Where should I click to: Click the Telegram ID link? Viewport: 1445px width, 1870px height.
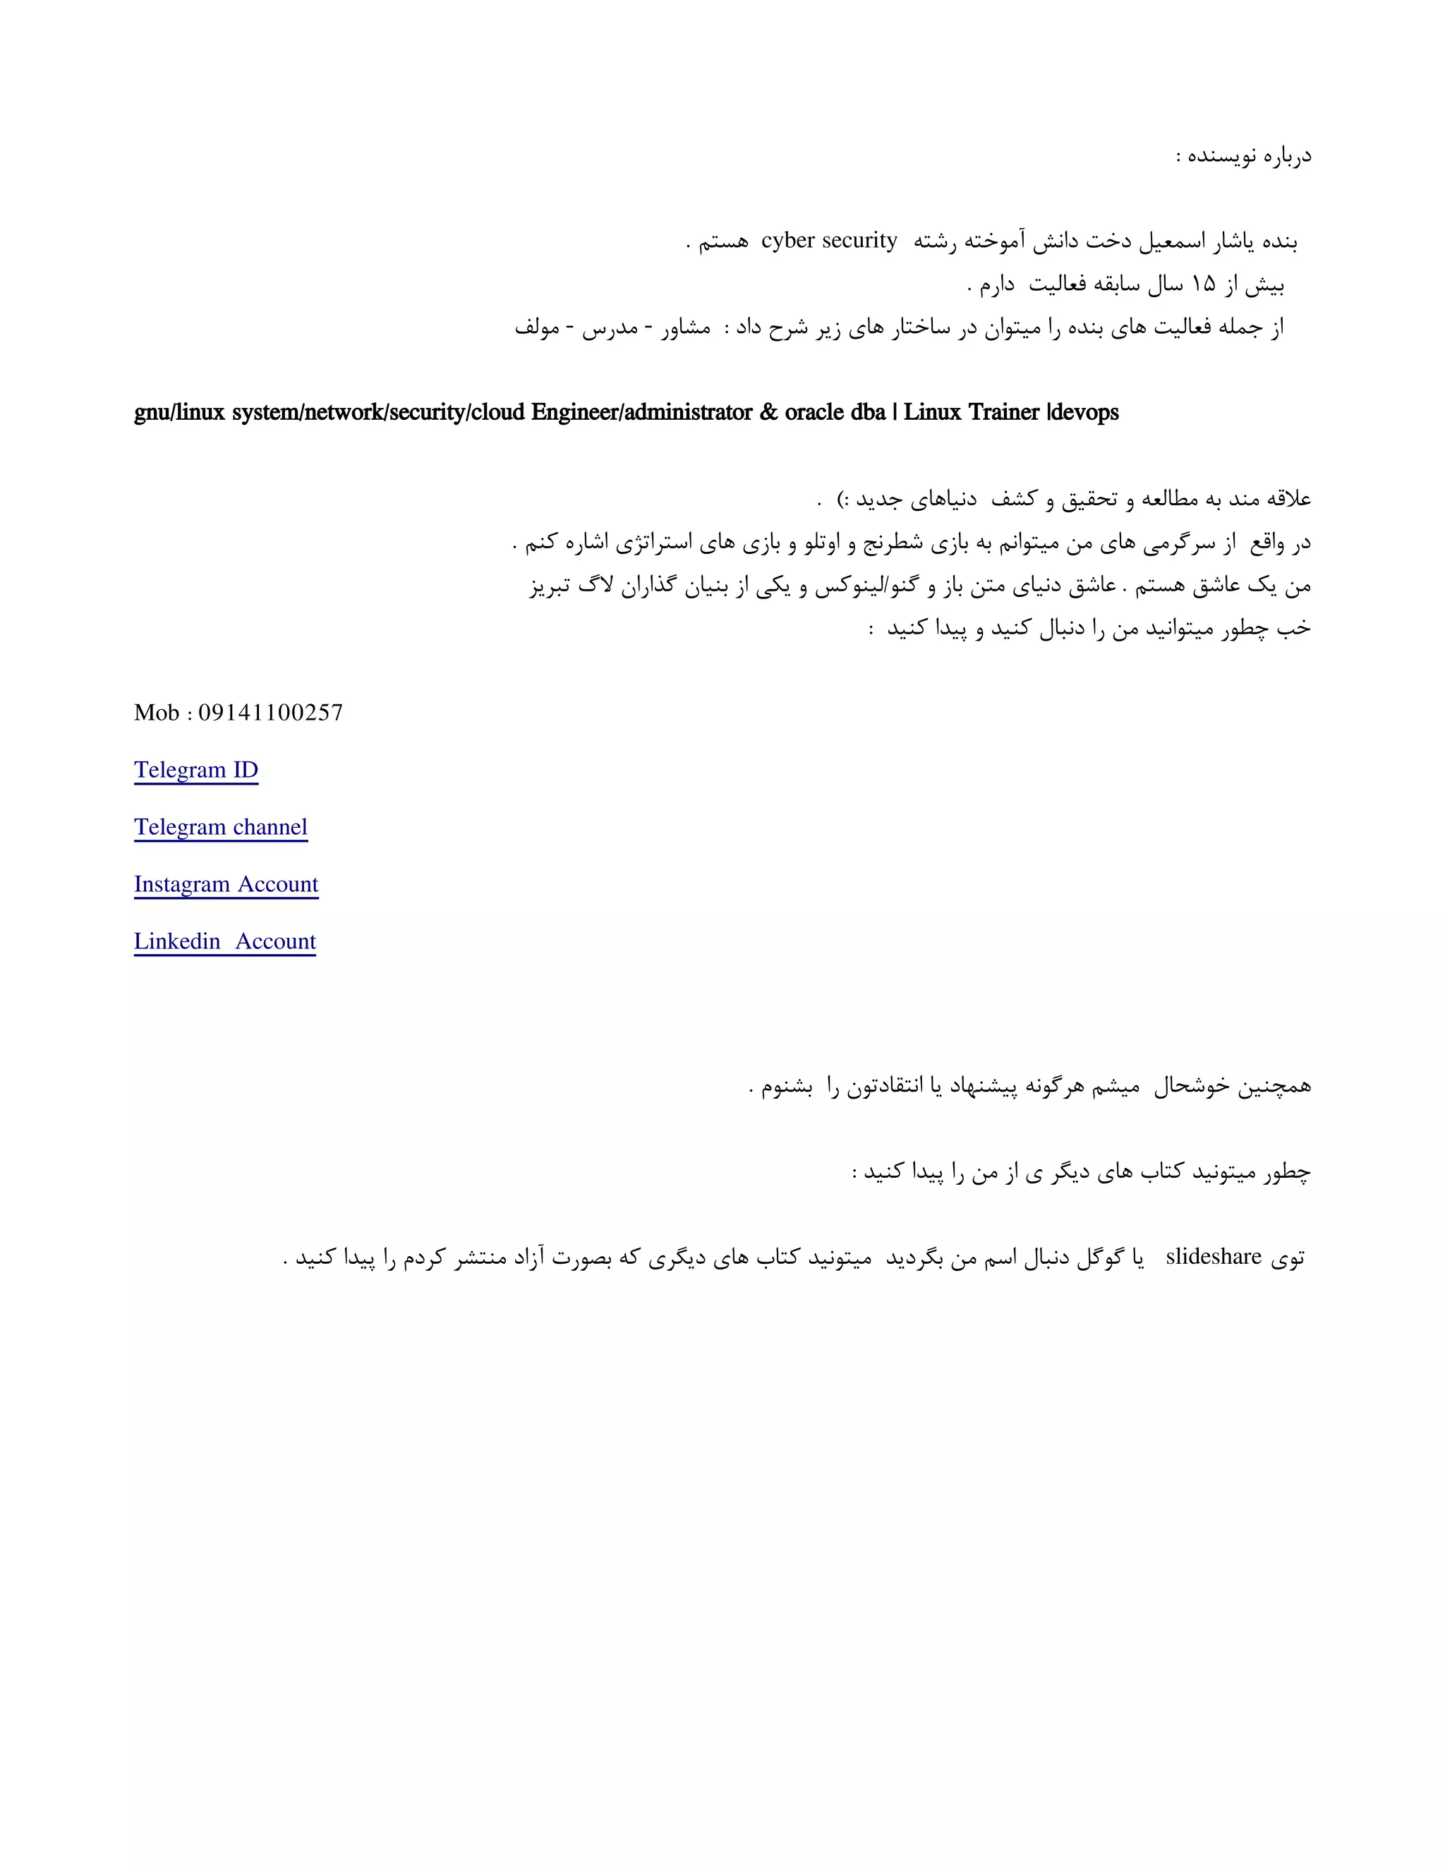point(195,770)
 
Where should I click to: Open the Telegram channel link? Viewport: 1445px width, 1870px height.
point(220,827)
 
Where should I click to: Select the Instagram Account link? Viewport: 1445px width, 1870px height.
point(226,883)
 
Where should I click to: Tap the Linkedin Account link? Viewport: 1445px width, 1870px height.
point(224,941)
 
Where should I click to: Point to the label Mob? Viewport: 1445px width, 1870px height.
point(156,713)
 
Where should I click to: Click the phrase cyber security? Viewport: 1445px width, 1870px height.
point(828,241)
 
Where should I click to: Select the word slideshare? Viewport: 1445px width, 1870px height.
point(1213,1256)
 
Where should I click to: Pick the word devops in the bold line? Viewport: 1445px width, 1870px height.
point(1084,413)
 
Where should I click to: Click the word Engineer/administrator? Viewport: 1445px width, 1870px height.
point(641,413)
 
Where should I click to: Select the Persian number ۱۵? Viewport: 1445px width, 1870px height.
point(1203,284)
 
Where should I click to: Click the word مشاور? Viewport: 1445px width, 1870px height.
point(686,327)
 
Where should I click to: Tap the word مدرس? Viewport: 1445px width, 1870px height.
point(610,327)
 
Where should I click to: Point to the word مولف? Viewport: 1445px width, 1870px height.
point(537,327)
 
